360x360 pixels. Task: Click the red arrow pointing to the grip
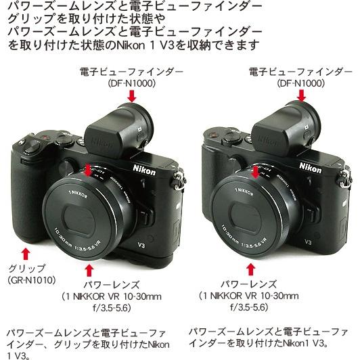tap(25, 252)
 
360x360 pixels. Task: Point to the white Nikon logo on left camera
tap(144, 171)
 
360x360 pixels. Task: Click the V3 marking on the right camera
tap(308, 240)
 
